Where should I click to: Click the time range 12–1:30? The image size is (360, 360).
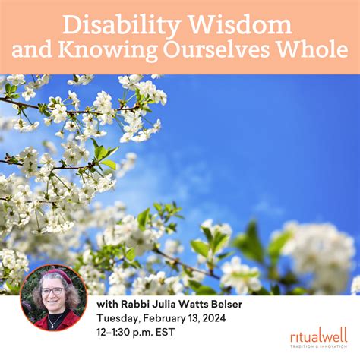pyautogui.click(x=118, y=336)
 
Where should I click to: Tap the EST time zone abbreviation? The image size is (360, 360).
pyautogui.click(x=190, y=336)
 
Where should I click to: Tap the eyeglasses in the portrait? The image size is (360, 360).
pyautogui.click(x=52, y=291)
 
